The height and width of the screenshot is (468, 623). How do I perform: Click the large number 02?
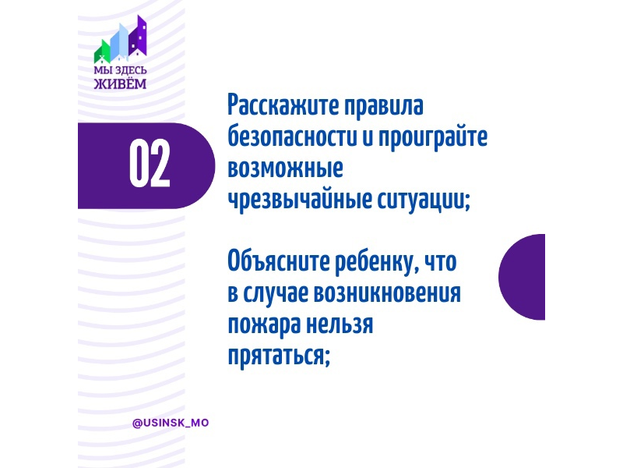coord(150,164)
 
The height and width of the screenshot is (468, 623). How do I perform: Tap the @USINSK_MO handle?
coord(171,423)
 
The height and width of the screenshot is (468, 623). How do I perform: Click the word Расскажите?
coord(283,106)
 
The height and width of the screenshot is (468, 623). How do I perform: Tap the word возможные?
coord(285,168)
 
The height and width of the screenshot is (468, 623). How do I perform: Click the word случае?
coord(276,294)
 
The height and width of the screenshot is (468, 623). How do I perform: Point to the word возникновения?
coord(388,295)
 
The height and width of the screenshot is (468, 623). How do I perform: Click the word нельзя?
coord(340,325)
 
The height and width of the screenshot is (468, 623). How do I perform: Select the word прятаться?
coord(279,355)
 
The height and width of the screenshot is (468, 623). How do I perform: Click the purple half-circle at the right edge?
coord(522,277)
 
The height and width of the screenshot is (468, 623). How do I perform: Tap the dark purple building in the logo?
coord(138,37)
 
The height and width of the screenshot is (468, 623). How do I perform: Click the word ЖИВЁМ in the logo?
coord(120,84)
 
